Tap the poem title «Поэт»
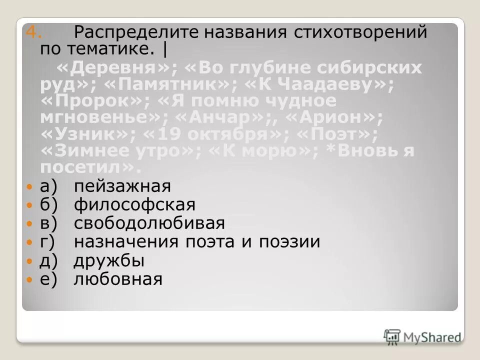(x=335, y=135)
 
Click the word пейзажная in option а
(x=122, y=187)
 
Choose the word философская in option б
(x=134, y=205)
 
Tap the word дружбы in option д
(x=109, y=260)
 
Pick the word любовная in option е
(x=118, y=278)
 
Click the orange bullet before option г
(x=29, y=242)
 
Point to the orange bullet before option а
(x=29, y=186)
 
